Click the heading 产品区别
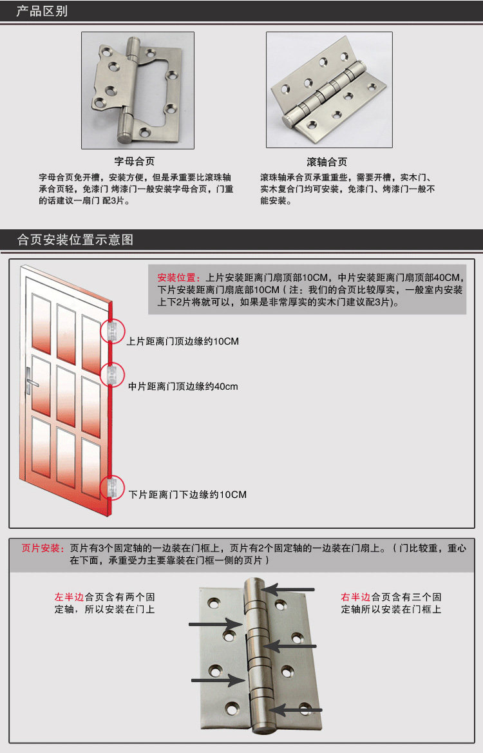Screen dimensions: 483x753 (42, 11)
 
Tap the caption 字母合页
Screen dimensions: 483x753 (135, 161)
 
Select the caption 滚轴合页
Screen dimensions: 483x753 (327, 162)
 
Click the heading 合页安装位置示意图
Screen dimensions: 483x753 (75, 240)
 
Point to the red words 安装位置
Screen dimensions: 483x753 (176, 278)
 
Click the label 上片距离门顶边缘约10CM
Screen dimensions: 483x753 (182, 341)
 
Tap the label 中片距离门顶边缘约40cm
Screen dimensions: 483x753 (183, 386)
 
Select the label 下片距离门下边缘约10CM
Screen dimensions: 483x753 (188, 495)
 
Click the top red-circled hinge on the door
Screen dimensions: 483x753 (113, 331)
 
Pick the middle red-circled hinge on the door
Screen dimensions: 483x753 (113, 375)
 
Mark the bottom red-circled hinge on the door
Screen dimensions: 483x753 (113, 487)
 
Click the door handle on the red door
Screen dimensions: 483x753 (31, 382)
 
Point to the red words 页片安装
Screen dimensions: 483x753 (41, 548)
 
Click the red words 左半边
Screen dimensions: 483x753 (69, 597)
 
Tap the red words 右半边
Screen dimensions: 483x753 (355, 597)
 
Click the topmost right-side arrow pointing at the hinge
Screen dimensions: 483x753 (288, 589)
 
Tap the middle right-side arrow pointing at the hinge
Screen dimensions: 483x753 (290, 646)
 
